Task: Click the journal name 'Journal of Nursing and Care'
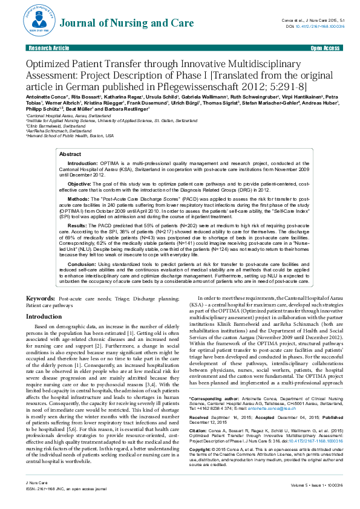point(111,24)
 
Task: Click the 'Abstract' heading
point(71,155)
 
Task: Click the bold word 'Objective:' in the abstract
point(80,183)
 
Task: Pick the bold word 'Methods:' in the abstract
point(78,198)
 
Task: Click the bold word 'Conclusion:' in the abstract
point(81,265)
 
